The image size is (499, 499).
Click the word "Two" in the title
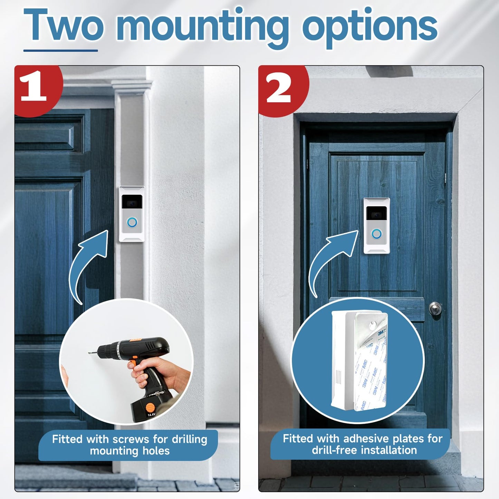[64, 25]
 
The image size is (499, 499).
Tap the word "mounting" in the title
[202, 26]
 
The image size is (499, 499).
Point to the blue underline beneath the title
[60, 50]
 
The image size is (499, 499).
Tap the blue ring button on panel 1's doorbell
[132, 222]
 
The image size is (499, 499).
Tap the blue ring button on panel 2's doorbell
[376, 234]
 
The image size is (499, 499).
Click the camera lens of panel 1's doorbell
[132, 203]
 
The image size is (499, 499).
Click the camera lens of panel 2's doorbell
[376, 215]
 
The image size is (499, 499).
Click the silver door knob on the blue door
[435, 307]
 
